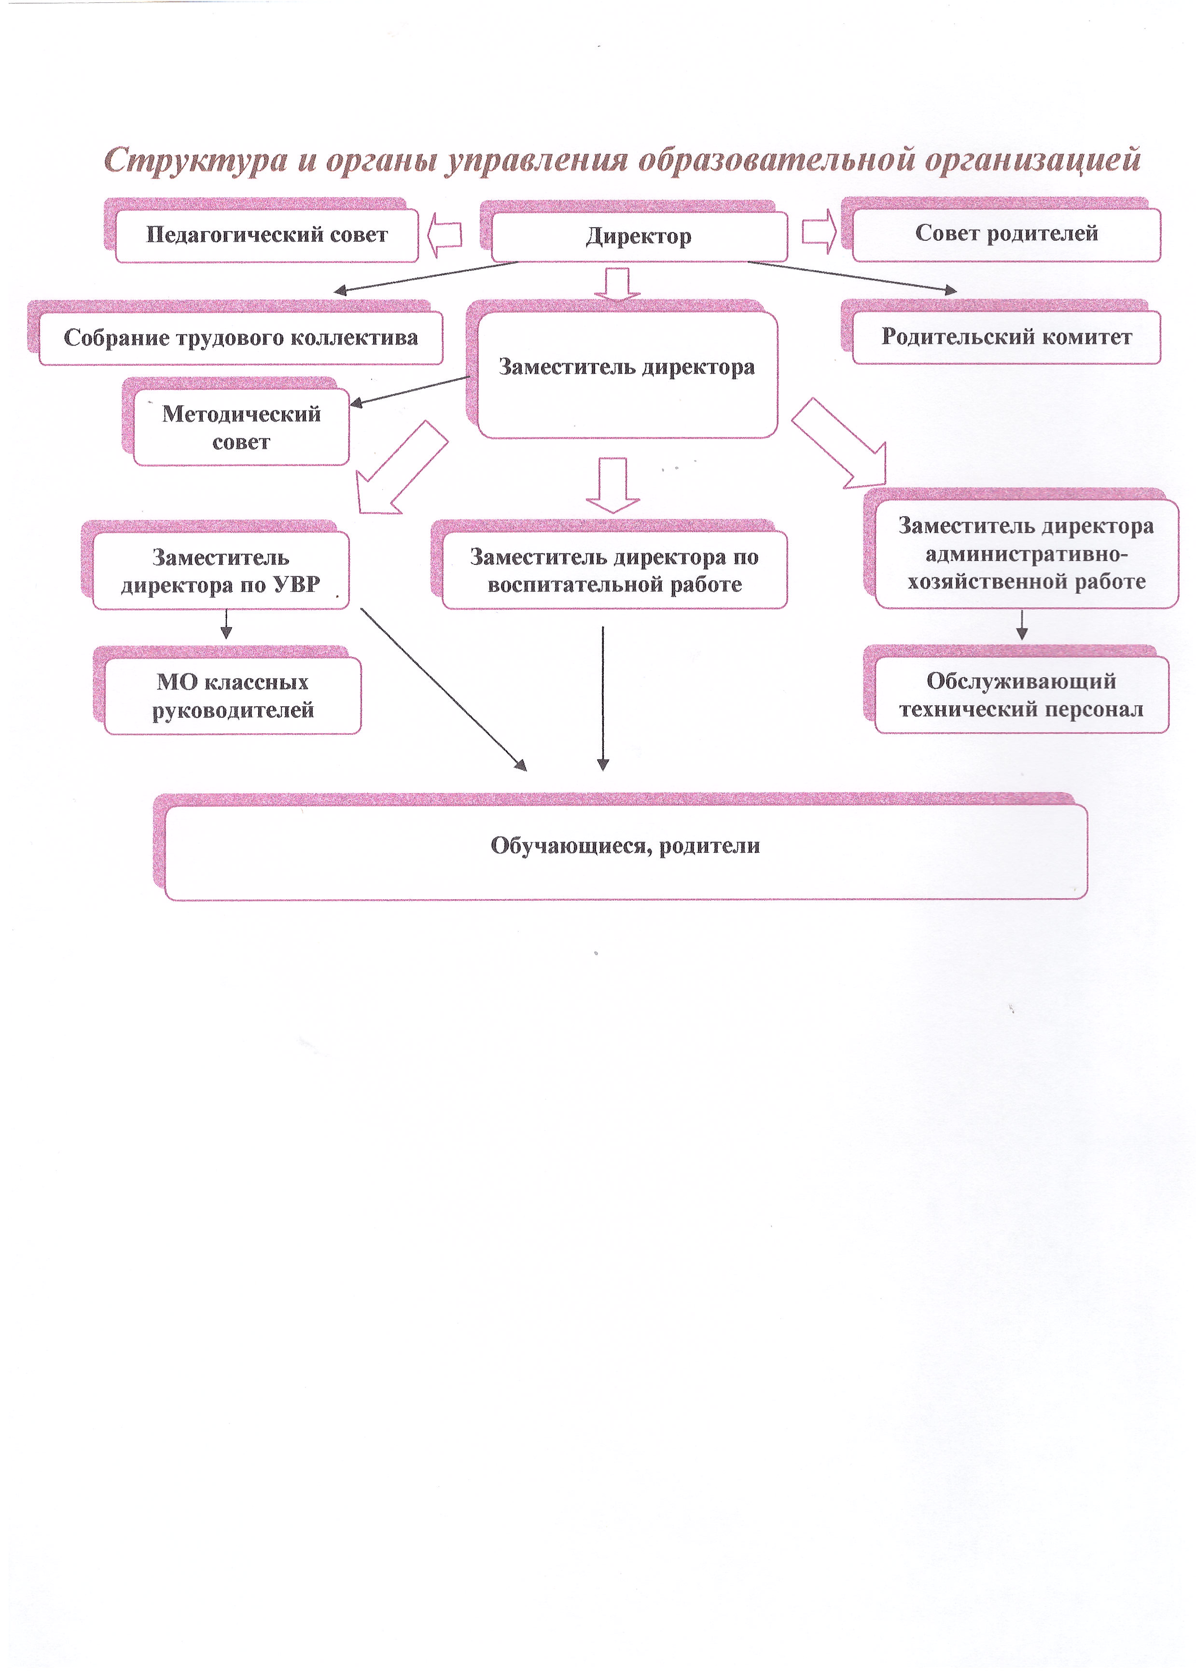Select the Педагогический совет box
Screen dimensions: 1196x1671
point(266,235)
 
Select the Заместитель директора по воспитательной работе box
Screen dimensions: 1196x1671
point(614,571)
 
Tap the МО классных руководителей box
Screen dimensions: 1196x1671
point(232,696)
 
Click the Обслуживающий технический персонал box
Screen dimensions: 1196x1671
point(1021,695)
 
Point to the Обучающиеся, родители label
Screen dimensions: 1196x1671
point(625,845)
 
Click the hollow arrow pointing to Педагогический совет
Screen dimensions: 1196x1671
point(445,235)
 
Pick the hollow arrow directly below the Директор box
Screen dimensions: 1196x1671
point(617,284)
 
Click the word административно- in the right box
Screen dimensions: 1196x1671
point(1026,554)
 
